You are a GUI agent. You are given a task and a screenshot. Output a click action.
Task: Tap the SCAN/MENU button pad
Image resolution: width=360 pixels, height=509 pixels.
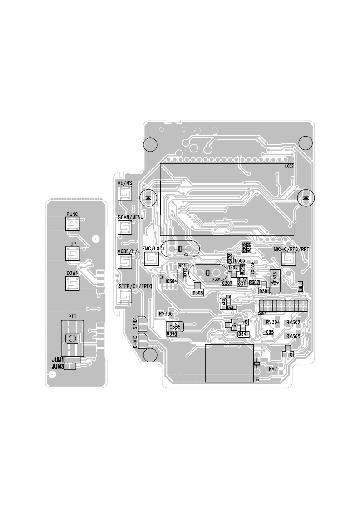(x=124, y=227)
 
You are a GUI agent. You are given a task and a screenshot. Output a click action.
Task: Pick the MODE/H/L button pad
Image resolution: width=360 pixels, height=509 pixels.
(x=124, y=262)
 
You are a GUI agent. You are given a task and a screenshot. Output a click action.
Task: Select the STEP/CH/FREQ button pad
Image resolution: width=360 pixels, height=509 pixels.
(x=124, y=296)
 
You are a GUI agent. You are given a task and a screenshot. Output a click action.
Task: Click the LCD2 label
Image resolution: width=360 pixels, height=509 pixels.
(x=289, y=166)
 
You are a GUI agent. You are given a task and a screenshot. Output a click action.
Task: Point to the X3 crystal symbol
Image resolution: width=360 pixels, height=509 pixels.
(x=180, y=249)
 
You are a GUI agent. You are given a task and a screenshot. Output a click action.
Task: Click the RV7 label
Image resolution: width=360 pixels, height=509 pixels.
(x=273, y=369)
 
